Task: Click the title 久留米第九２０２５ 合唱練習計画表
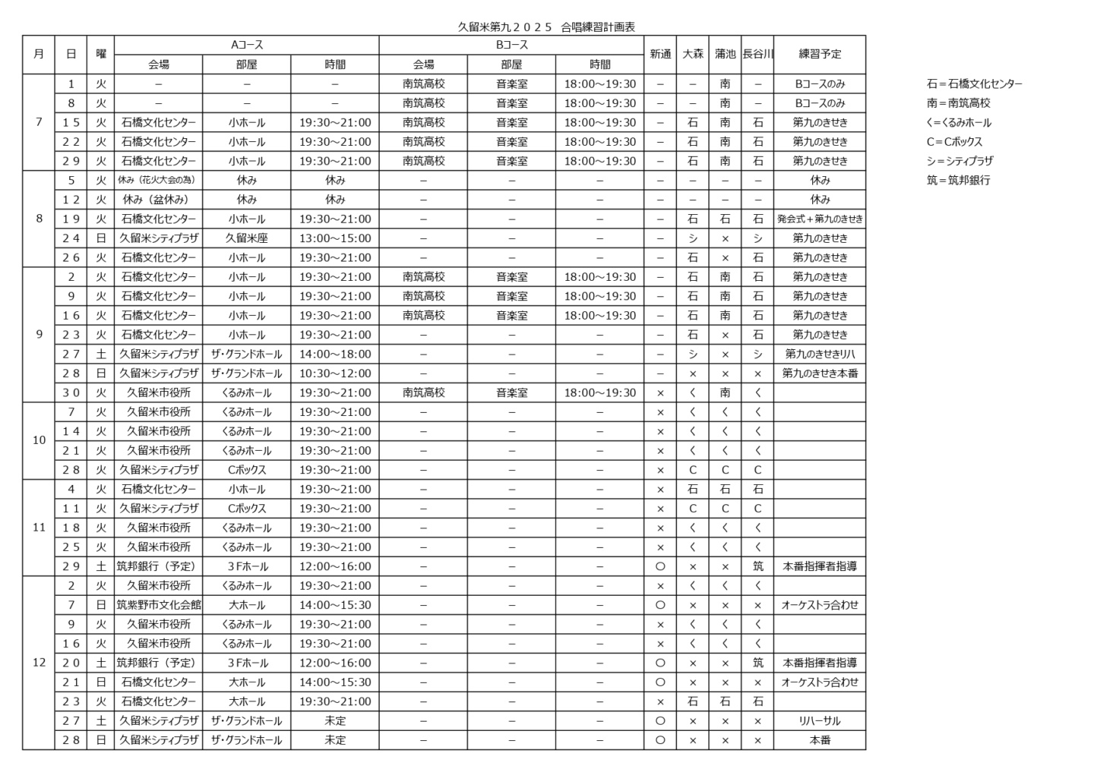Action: [545, 27]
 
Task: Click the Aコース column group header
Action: [247, 46]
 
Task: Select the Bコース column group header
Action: [511, 46]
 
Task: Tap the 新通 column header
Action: [660, 55]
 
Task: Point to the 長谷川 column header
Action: [757, 55]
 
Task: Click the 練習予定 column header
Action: [820, 55]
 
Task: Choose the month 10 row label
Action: [39, 440]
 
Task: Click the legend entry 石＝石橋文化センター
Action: [974, 84]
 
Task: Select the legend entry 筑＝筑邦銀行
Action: [958, 181]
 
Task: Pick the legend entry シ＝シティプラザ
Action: [960, 161]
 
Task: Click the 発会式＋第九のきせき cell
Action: [820, 219]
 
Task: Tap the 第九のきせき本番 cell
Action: [820, 373]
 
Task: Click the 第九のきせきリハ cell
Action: [820, 354]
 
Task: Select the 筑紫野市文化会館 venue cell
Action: [159, 605]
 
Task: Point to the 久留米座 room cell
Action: [247, 238]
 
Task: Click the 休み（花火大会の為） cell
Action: [159, 180]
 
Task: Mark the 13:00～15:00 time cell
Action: [335, 238]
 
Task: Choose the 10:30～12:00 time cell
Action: [335, 373]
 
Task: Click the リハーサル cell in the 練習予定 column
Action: [820, 721]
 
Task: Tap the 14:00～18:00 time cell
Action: [335, 354]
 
